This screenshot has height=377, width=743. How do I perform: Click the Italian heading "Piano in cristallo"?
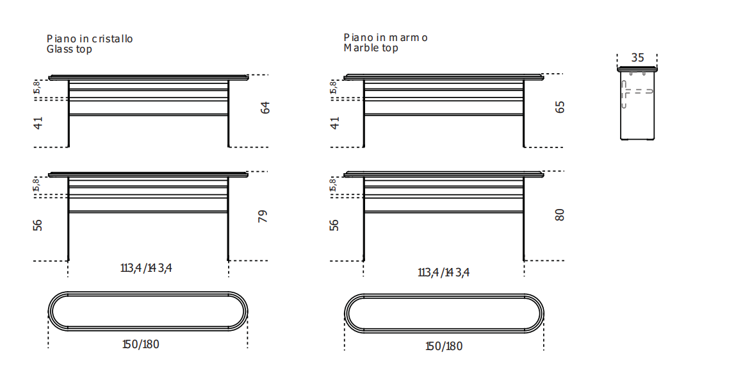(x=90, y=38)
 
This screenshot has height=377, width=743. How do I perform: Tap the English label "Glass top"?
(x=69, y=49)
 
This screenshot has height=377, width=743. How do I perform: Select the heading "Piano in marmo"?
(x=386, y=37)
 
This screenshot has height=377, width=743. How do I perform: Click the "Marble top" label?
(x=371, y=48)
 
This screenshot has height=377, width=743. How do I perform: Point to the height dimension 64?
(x=265, y=108)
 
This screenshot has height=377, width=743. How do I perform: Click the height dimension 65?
(x=560, y=106)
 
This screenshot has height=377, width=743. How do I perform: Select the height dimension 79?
(x=263, y=216)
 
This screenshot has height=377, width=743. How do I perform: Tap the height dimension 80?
(x=560, y=215)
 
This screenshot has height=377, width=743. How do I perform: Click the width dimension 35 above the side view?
(x=637, y=57)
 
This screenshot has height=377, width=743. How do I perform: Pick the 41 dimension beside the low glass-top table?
(x=38, y=123)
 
